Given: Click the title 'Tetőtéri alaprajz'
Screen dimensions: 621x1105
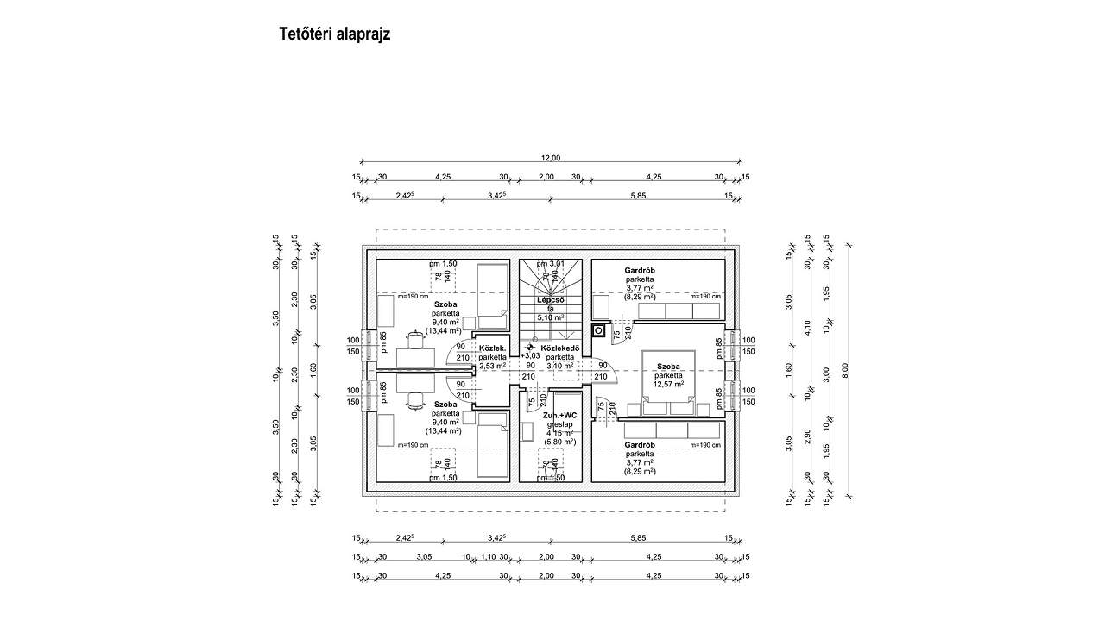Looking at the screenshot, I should click(335, 34).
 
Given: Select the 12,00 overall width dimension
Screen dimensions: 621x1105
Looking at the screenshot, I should click(551, 158).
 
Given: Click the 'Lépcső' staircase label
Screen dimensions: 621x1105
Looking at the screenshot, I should click(551, 299).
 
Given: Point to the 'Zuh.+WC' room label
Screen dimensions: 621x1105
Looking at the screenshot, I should click(559, 416).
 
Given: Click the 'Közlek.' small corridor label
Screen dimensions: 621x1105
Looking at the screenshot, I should click(493, 348).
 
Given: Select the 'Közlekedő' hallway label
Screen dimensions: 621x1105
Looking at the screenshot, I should click(560, 348).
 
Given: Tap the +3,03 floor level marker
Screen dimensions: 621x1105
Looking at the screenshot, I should click(530, 355).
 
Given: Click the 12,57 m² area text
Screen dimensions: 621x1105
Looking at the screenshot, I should click(668, 385).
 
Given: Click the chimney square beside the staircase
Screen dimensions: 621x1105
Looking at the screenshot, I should click(597, 329).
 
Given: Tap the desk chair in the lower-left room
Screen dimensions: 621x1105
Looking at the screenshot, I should click(416, 398).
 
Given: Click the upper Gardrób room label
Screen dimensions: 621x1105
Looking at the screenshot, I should click(640, 271).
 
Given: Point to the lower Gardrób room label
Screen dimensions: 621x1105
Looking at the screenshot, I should click(640, 445).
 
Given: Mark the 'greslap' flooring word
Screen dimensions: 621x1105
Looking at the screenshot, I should click(559, 424).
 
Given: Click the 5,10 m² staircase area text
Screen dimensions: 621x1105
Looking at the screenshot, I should click(550, 317).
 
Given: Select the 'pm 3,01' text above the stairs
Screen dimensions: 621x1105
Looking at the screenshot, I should click(550, 263).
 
